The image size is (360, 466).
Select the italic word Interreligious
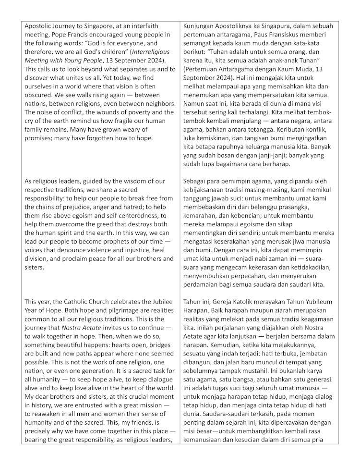[x=137, y=51]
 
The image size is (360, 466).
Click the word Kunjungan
[x=199, y=25]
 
